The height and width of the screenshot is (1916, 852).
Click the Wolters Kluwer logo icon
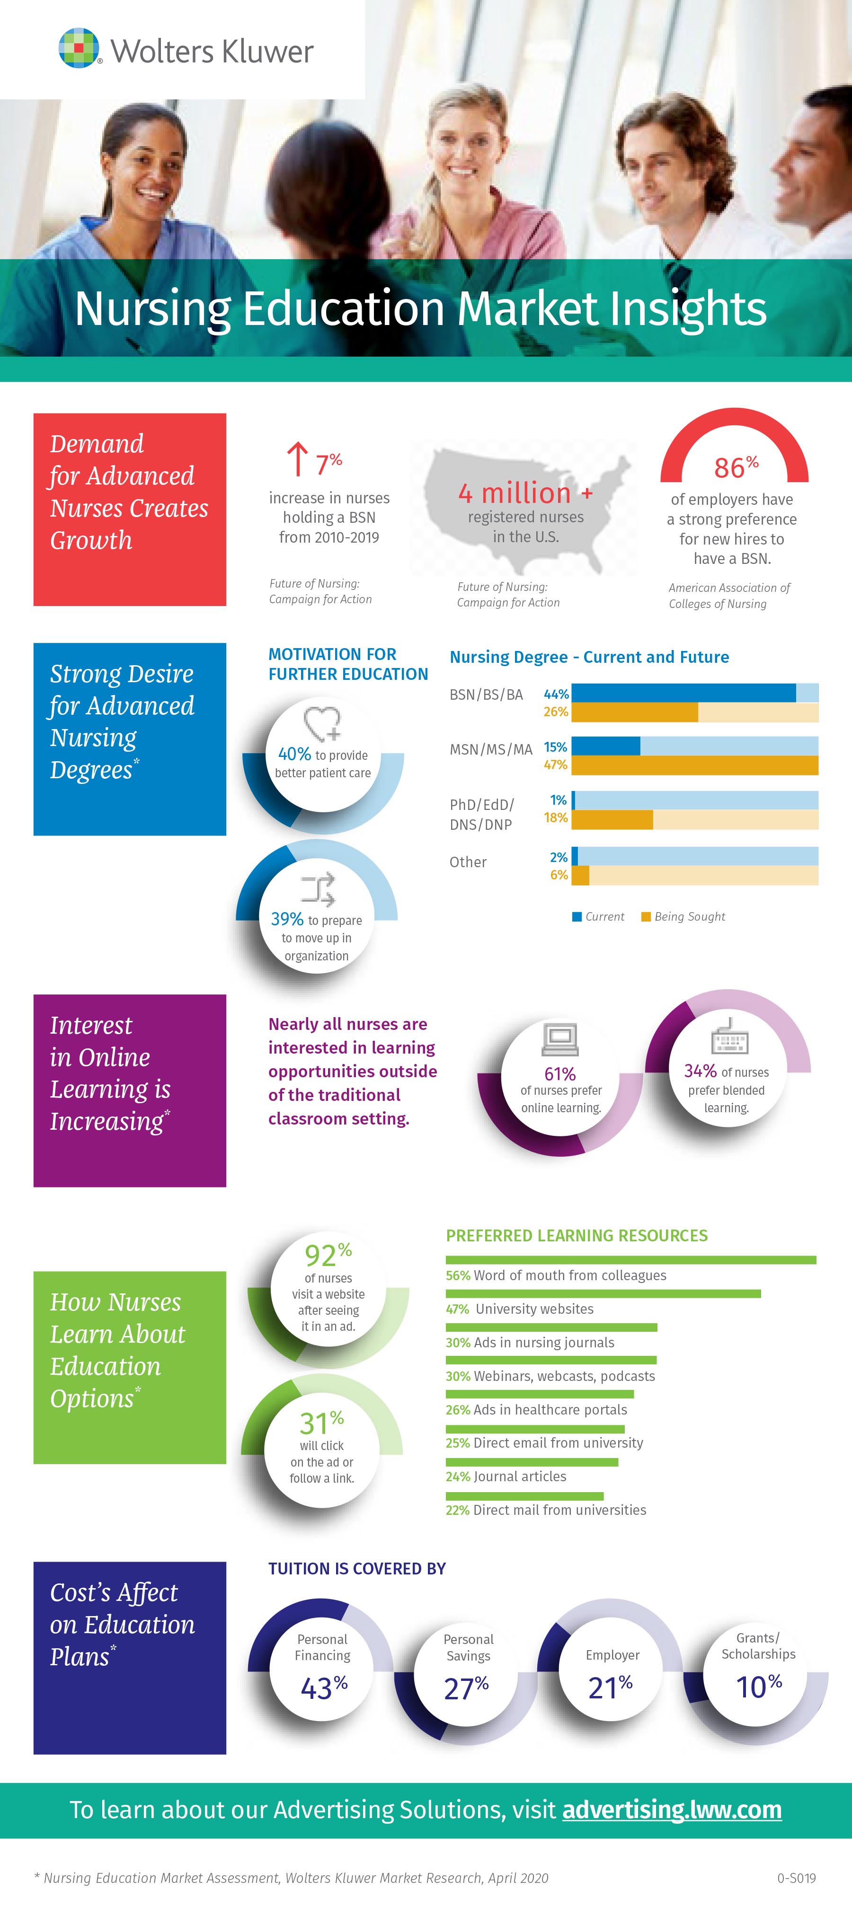80,48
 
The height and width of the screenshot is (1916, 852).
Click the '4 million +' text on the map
525,493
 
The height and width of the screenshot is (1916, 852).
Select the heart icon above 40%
322,723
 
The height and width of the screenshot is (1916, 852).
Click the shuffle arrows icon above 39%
318,889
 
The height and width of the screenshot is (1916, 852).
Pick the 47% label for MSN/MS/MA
556,765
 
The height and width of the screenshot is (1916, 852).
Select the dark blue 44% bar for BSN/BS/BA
683,693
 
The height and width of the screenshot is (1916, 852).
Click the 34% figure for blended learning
700,1071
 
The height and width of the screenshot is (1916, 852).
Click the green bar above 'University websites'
603,1293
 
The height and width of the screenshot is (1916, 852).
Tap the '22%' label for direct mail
458,1510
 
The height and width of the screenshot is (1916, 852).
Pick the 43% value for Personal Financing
324,1687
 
